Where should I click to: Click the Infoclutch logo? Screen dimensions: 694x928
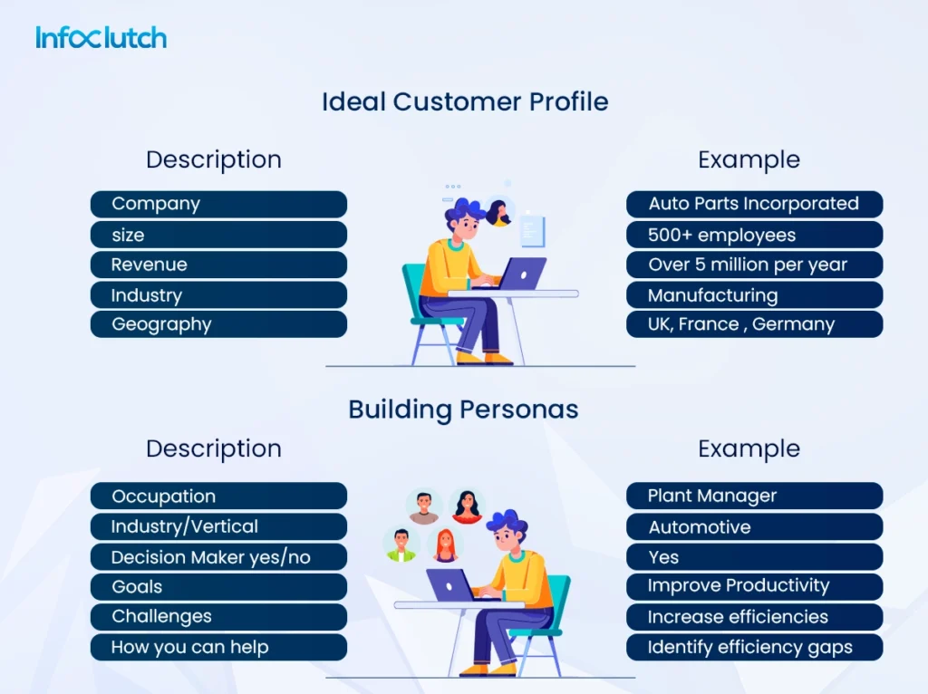pyautogui.click(x=101, y=38)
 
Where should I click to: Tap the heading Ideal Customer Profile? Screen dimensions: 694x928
pyautogui.click(x=464, y=101)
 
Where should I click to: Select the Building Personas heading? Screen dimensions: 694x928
pyautogui.click(x=463, y=410)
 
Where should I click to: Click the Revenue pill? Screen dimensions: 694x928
pyautogui.click(x=218, y=265)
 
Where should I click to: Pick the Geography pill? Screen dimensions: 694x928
pyautogui.click(x=218, y=324)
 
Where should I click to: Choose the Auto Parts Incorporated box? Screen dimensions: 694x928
pyautogui.click(x=754, y=204)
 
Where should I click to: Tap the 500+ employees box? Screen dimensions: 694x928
pyautogui.click(x=754, y=235)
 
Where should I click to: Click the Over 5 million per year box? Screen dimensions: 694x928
pyautogui.click(x=754, y=265)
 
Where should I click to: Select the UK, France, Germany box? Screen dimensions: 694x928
pyautogui.click(x=754, y=324)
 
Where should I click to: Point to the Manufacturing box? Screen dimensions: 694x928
pyautogui.click(x=754, y=295)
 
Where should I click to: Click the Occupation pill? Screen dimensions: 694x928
pyautogui.click(x=218, y=496)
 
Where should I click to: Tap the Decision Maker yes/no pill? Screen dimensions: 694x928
pyautogui.click(x=218, y=557)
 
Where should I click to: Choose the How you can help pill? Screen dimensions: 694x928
pyautogui.click(x=218, y=647)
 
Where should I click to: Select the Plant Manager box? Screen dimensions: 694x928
pyautogui.click(x=754, y=496)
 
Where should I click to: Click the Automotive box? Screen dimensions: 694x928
pyautogui.click(x=754, y=526)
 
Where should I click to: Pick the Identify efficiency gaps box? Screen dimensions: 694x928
pyautogui.click(x=754, y=647)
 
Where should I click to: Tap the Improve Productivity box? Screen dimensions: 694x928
pyautogui.click(x=754, y=586)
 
